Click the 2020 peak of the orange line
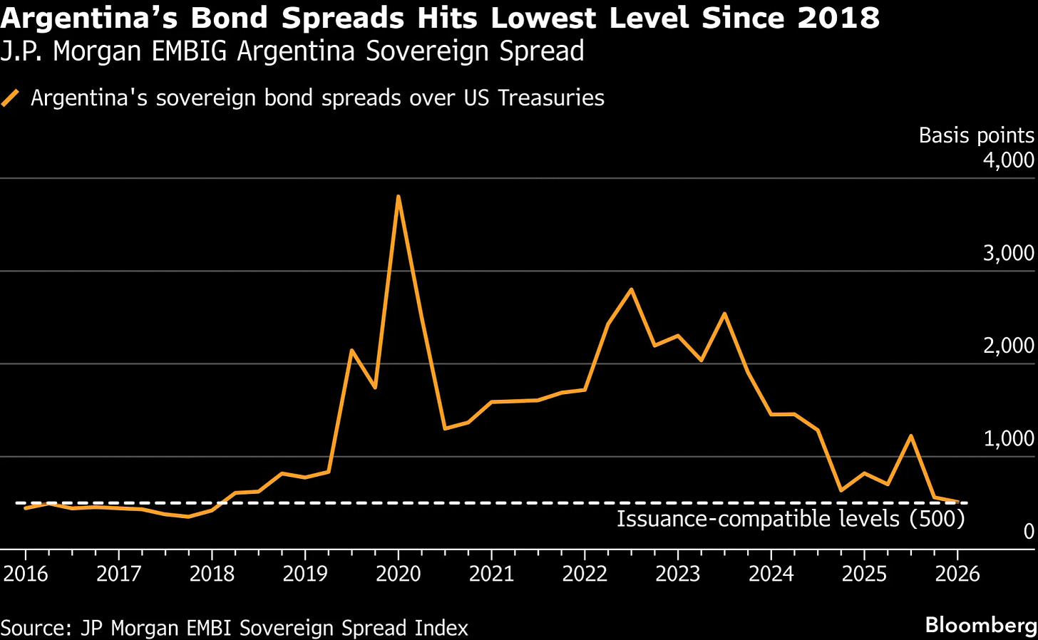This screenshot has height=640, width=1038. pyautogui.click(x=398, y=196)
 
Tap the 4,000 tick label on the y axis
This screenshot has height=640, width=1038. pyautogui.click(x=1008, y=160)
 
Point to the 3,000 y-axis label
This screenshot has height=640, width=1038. pyautogui.click(x=1008, y=253)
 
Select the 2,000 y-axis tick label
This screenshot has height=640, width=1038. pyautogui.click(x=1008, y=346)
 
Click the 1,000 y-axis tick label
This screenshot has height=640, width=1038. pyautogui.click(x=1008, y=438)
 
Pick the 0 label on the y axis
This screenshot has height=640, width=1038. pyautogui.click(x=1028, y=531)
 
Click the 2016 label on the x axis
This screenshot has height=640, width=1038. pyautogui.click(x=26, y=574)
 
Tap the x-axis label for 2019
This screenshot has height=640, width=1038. pyautogui.click(x=305, y=574)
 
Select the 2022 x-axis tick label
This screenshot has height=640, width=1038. pyautogui.click(x=585, y=574)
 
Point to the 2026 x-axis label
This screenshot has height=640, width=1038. pyautogui.click(x=957, y=574)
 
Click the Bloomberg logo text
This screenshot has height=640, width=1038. pyautogui.click(x=981, y=625)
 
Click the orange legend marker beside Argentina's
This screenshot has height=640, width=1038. pyautogui.click(x=11, y=98)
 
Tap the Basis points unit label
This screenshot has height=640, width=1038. pyautogui.click(x=976, y=135)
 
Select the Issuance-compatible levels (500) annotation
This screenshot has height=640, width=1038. pyautogui.click(x=790, y=519)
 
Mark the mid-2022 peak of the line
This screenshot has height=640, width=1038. pyautogui.click(x=631, y=289)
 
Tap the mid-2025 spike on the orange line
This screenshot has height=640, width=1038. pyautogui.click(x=910, y=435)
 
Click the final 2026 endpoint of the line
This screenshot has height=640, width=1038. pyautogui.click(x=959, y=502)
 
